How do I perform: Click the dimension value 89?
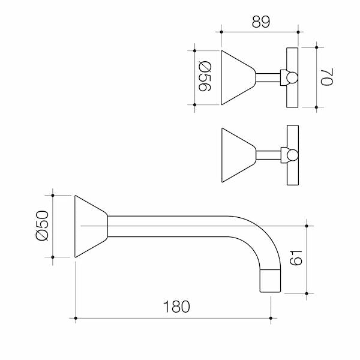(x=261, y=22)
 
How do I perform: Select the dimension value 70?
(x=327, y=77)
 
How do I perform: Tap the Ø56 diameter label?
(x=205, y=76)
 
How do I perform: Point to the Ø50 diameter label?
(x=42, y=226)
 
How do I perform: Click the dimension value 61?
(x=296, y=258)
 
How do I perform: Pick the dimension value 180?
(x=176, y=307)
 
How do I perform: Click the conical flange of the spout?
(x=91, y=226)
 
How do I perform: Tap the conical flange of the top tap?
(x=238, y=77)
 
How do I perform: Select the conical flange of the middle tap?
(x=239, y=155)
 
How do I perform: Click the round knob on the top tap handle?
(x=292, y=77)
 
